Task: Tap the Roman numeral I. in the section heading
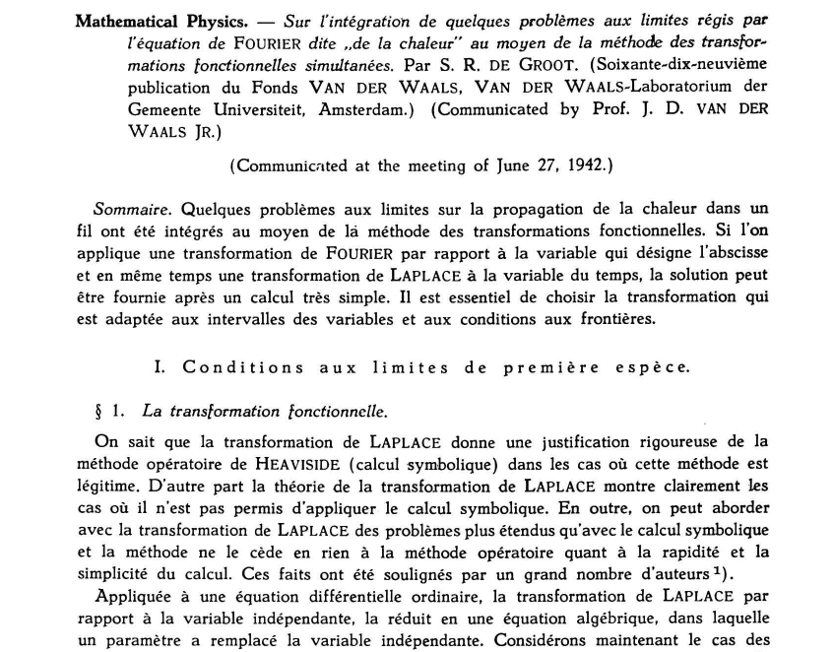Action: click(x=160, y=366)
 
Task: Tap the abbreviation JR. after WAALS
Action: click(x=194, y=131)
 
